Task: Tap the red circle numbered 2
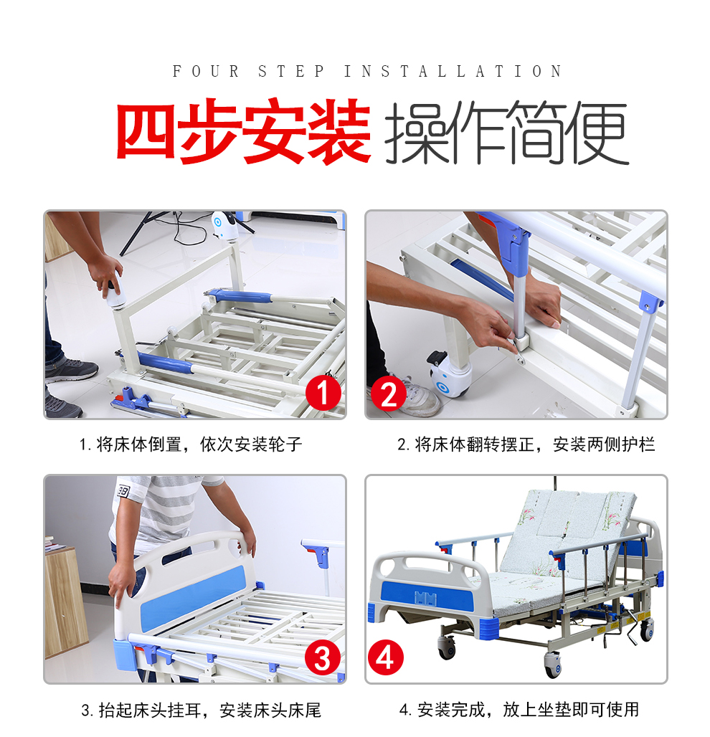coord(389,393)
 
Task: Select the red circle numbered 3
coord(323,657)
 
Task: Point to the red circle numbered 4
coord(386,657)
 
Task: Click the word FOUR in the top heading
coord(206,72)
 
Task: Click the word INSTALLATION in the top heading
coord(453,72)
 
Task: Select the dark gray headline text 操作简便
coord(507,132)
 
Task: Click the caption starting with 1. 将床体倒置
coord(191,444)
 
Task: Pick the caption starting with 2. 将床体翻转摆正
coord(526,444)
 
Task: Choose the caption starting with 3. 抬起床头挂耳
coord(202,710)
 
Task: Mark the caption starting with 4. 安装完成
coord(519,710)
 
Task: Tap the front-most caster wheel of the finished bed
coord(554,665)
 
